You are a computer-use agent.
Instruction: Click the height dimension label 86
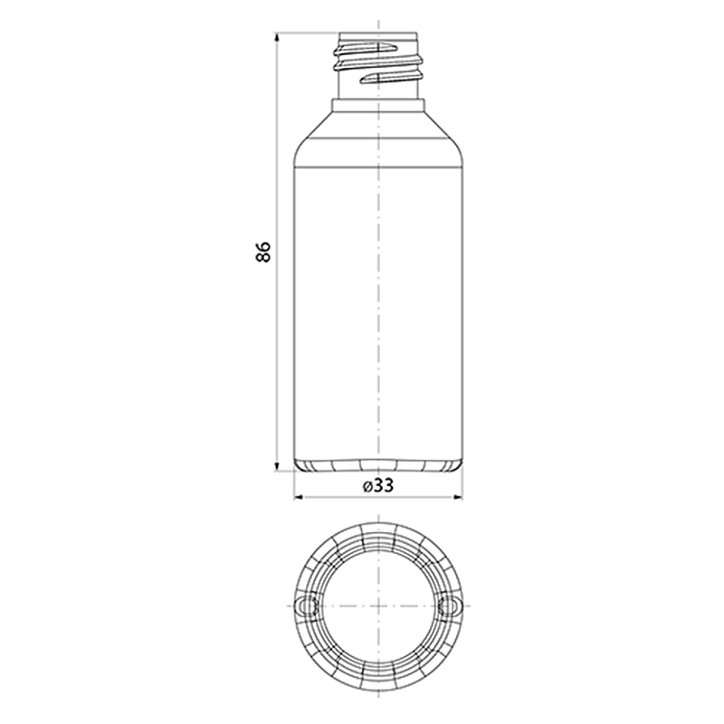click(262, 252)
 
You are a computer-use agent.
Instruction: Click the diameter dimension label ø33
click(378, 485)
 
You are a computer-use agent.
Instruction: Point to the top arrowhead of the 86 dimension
click(277, 36)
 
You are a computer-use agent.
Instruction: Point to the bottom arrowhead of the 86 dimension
click(277, 467)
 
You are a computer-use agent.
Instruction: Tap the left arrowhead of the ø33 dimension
click(299, 497)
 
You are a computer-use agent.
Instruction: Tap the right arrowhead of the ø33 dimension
click(458, 497)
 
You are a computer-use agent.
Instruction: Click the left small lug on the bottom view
click(305, 605)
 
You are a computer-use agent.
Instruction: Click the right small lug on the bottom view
click(451, 605)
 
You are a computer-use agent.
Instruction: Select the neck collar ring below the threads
click(378, 106)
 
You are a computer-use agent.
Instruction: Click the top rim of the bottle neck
click(378, 33)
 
